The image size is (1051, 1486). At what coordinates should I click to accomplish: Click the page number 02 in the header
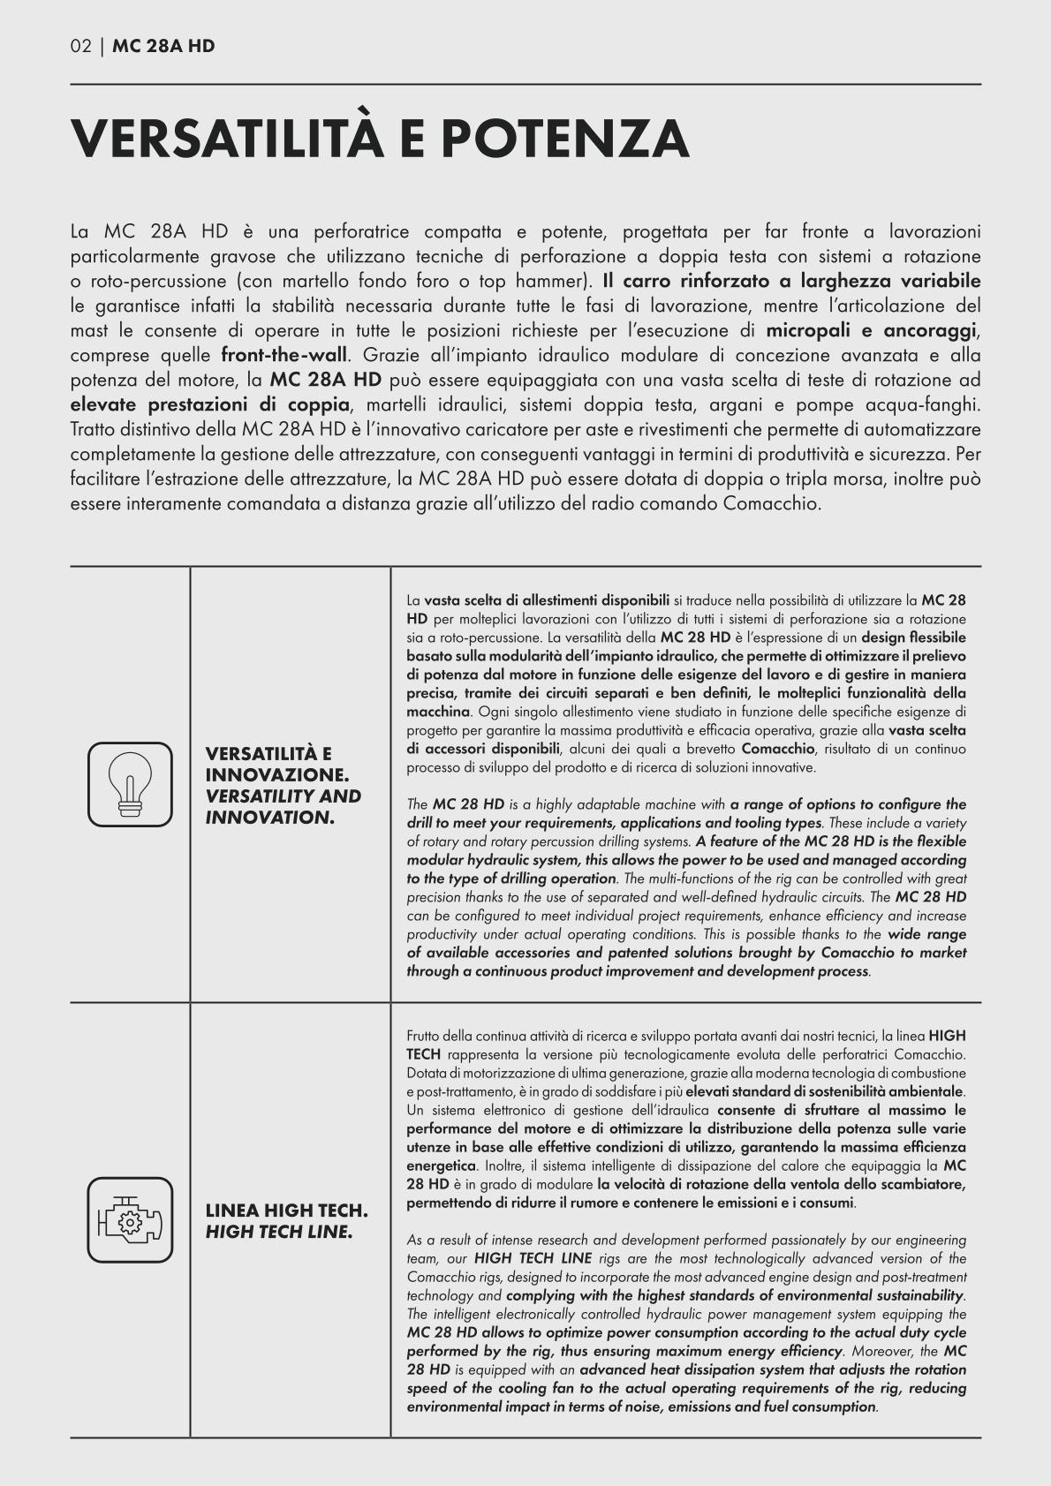80,47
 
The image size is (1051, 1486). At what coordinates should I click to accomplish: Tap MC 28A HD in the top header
163,47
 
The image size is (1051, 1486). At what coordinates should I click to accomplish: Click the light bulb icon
130,784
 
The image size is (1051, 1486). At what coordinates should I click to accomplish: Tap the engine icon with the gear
130,1219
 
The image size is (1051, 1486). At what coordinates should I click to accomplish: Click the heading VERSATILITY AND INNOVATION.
283,807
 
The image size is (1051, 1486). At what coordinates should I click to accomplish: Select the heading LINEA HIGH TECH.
286,1210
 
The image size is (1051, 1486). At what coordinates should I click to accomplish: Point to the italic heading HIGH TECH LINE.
279,1232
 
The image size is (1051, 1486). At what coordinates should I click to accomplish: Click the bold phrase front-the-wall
285,356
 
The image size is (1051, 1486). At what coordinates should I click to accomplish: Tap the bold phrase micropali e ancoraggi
871,331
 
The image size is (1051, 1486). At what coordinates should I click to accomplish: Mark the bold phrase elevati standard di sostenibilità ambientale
824,1091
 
